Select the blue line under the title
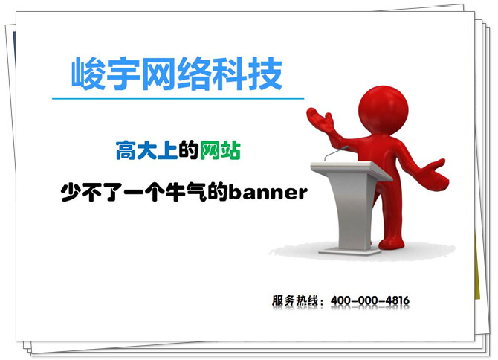178,98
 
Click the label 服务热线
294,301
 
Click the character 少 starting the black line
70,193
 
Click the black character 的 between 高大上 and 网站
188,151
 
